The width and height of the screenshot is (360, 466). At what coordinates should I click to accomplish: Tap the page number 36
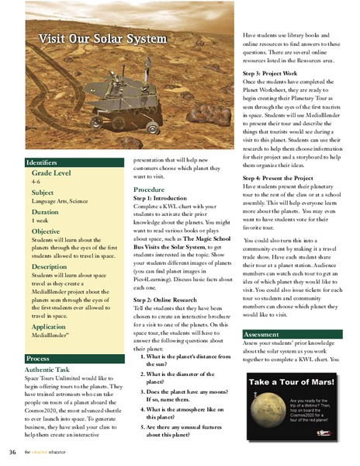tap(13, 452)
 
